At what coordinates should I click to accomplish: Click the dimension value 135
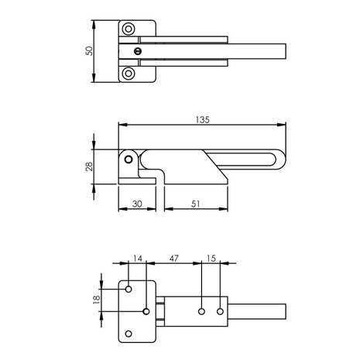click(202, 119)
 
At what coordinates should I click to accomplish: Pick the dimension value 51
click(197, 204)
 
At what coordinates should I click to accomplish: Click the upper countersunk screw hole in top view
click(129, 29)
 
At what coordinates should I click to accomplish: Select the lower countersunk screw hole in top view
click(129, 74)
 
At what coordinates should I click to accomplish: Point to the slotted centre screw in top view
click(137, 52)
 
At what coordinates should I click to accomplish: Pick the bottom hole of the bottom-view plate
click(129, 334)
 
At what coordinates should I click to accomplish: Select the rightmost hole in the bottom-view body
click(220, 311)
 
